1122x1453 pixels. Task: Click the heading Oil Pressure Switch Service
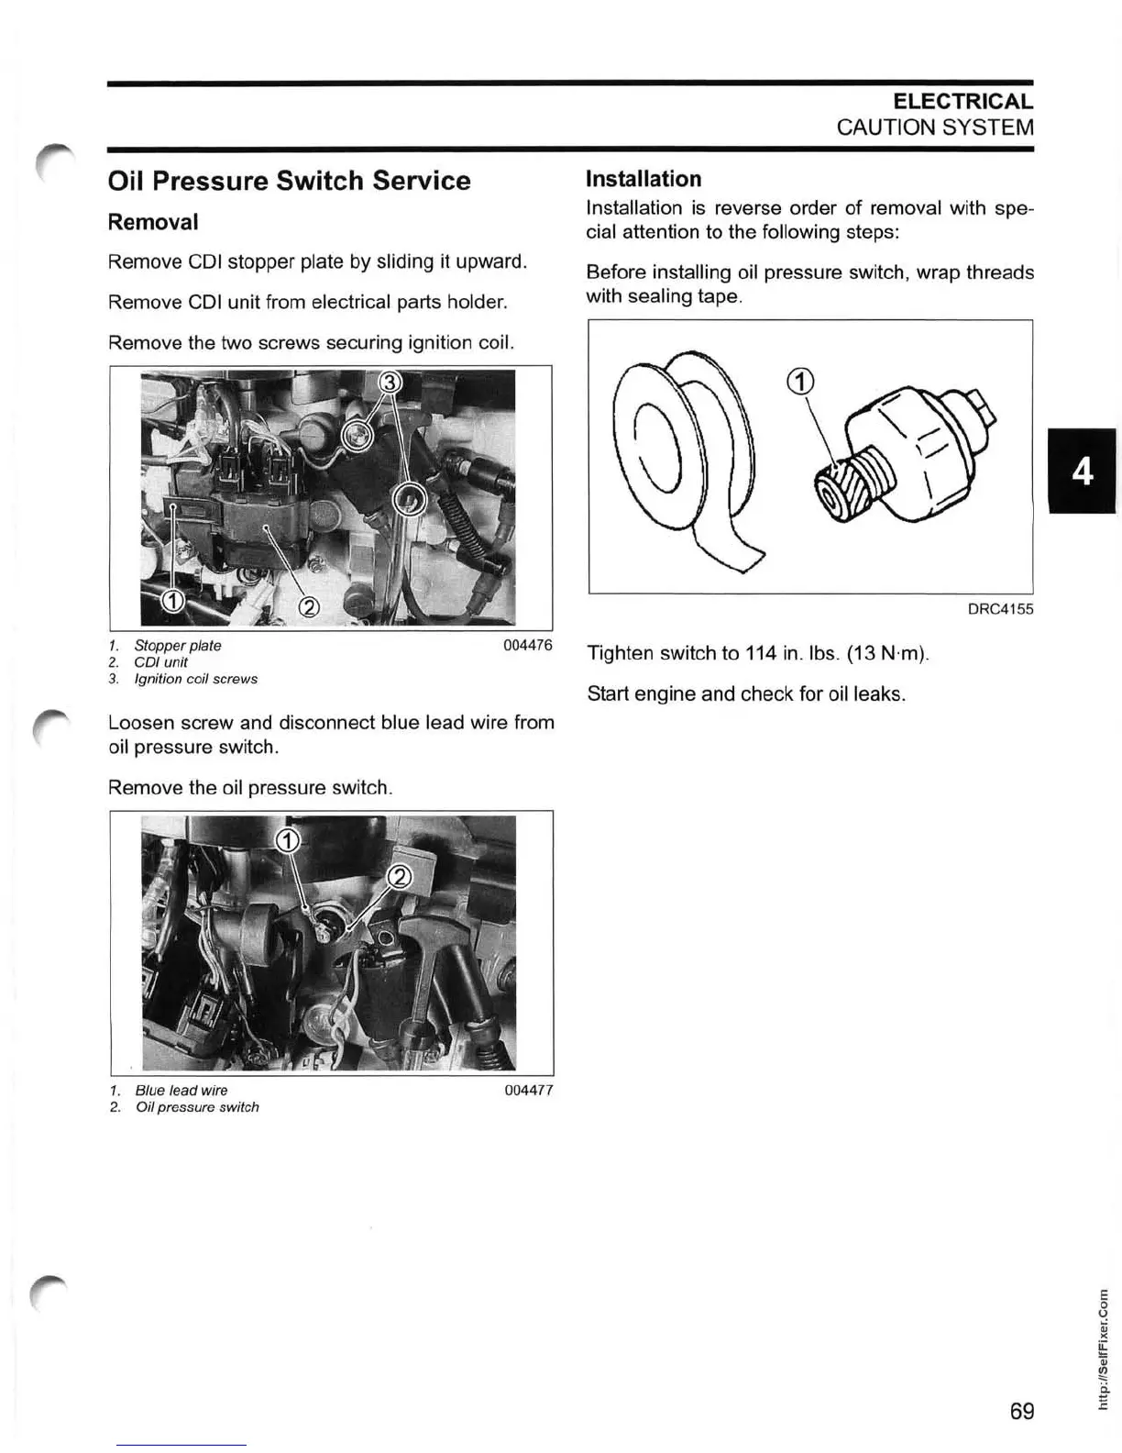click(x=289, y=181)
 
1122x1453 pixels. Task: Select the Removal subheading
click(x=153, y=222)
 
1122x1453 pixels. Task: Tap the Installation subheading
click(x=643, y=179)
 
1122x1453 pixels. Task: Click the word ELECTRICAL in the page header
click(x=962, y=102)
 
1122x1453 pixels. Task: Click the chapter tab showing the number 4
click(x=1083, y=471)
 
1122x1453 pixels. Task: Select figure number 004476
click(x=528, y=645)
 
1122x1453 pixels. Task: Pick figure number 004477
click(x=529, y=1090)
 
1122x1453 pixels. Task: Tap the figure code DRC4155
click(x=1000, y=609)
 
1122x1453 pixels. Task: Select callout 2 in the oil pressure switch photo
click(x=401, y=878)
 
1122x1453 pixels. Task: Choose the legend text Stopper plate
click(x=178, y=646)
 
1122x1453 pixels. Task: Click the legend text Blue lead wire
click(x=181, y=1091)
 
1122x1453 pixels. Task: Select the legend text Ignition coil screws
click(x=196, y=679)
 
